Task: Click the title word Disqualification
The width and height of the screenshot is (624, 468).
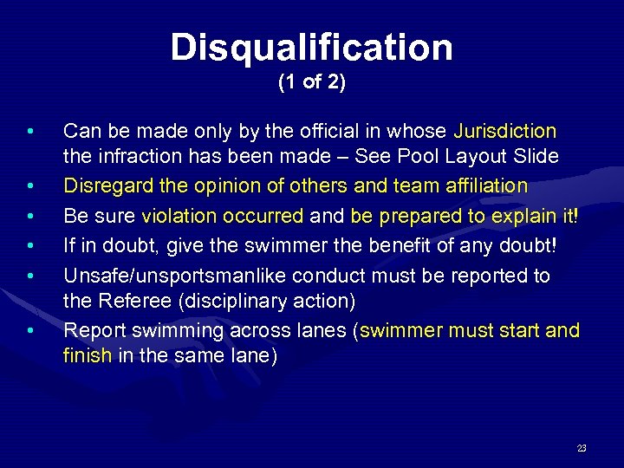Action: point(312,48)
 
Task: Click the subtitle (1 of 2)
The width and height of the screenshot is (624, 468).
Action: point(312,84)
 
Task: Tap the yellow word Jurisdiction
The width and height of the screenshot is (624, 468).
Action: point(505,132)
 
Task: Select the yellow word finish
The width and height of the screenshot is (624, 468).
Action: point(88,355)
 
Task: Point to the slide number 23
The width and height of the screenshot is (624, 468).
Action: point(581,448)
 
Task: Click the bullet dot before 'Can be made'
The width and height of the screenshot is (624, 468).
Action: point(30,133)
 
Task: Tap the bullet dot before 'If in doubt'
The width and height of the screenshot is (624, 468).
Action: point(30,248)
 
